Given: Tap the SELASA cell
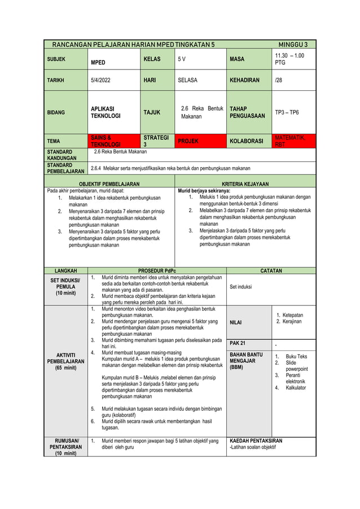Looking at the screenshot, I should click(x=188, y=80).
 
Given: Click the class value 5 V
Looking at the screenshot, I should click(x=182, y=59).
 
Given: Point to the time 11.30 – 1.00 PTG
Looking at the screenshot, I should click(x=289, y=59).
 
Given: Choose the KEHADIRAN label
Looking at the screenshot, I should click(x=244, y=80).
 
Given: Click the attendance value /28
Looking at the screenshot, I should click(x=278, y=80).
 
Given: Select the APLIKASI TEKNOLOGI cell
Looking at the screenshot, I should click(x=103, y=112).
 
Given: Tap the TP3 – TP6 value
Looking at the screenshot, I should click(x=287, y=112).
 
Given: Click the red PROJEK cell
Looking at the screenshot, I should click(x=188, y=141).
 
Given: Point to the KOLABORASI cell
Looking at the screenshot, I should click(x=247, y=141).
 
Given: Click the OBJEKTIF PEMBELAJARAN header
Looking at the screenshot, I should click(x=109, y=184).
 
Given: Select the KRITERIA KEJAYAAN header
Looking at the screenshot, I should click(x=245, y=184).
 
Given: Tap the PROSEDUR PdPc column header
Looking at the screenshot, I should click(x=157, y=271).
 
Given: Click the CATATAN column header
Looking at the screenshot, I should click(x=271, y=271).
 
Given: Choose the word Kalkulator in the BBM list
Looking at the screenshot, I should click(x=296, y=388).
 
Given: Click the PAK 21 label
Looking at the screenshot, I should click(x=238, y=343).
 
